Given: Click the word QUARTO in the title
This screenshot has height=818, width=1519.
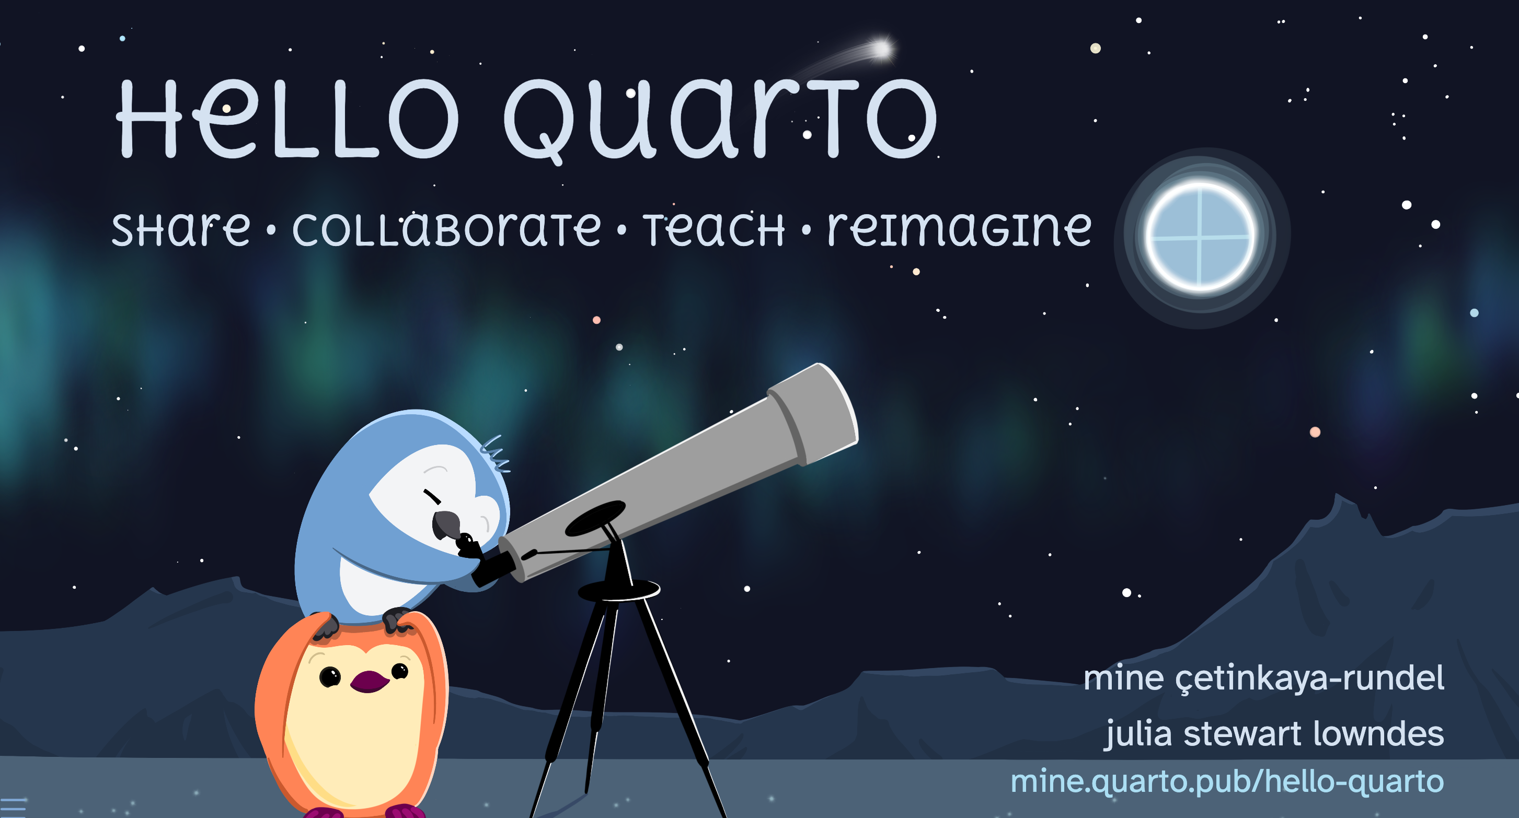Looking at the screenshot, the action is coord(720,121).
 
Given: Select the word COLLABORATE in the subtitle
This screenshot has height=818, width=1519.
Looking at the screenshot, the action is coord(446,229).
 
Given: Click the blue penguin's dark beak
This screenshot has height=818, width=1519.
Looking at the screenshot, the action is coord(446,524).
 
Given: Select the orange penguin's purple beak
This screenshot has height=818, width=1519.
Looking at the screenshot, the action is coord(369,682).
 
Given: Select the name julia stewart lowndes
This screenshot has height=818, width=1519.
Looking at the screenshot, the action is coord(1274,734).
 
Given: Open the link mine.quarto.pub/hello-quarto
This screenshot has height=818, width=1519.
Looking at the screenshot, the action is coord(1227,781).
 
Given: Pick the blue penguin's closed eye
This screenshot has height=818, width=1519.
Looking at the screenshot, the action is coord(432,497).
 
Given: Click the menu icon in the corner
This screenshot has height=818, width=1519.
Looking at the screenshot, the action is coord(13,808).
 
